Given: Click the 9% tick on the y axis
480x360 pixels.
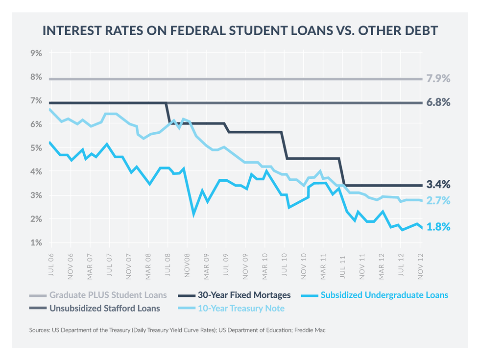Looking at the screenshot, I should click(37, 52).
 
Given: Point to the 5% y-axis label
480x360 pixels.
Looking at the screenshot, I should click(37, 148).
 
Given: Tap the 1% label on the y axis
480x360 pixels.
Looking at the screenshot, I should click(37, 243).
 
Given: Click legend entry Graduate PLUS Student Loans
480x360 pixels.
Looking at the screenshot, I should click(108, 295).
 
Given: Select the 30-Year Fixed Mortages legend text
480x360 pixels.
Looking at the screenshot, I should click(244, 295).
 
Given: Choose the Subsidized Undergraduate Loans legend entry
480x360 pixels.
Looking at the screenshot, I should click(384, 295).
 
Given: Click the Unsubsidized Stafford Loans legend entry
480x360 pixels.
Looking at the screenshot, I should click(104, 309).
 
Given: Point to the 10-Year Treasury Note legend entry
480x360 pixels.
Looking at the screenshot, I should click(241, 309).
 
